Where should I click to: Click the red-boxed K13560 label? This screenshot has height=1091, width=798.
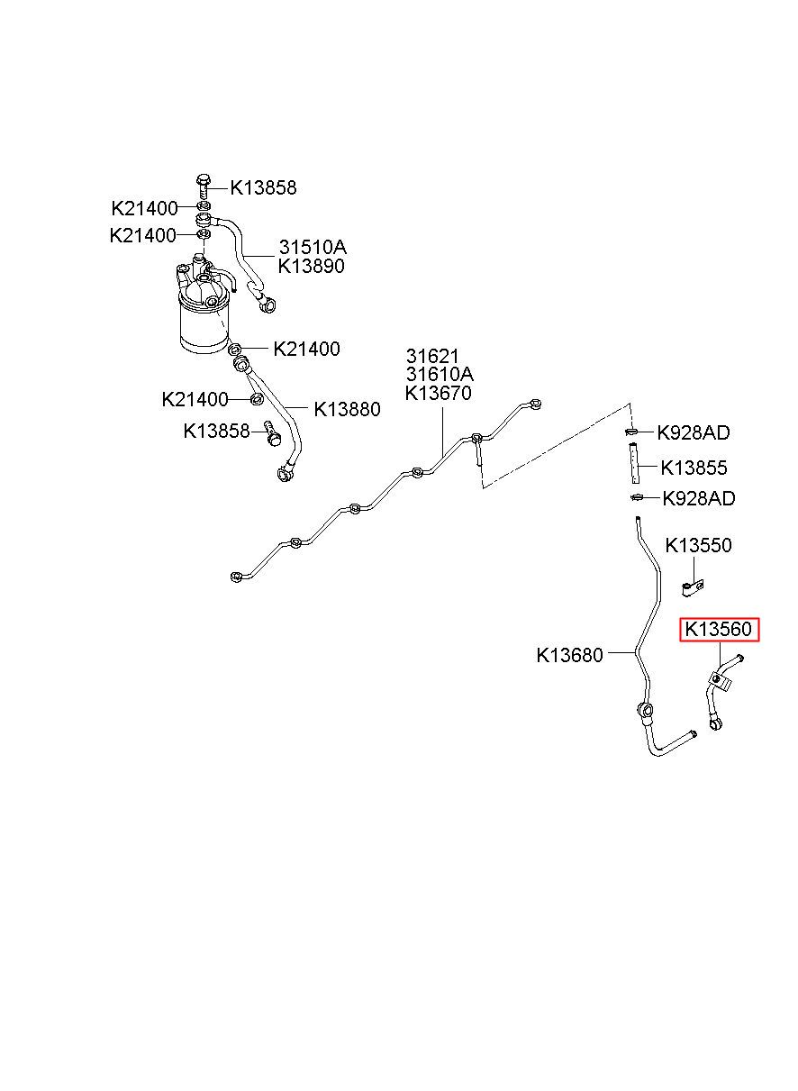pos(719,629)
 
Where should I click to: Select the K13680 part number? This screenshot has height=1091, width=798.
pos(569,655)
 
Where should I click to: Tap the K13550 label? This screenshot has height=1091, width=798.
pos(698,545)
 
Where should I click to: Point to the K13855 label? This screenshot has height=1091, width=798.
pos(694,468)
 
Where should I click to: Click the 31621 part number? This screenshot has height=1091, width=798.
pos(432,357)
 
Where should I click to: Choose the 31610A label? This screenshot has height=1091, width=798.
pos(440,375)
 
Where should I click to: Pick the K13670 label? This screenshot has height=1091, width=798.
pos(439,393)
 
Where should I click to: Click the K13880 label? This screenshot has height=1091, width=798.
pos(347,409)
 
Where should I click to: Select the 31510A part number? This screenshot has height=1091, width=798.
pos(313,248)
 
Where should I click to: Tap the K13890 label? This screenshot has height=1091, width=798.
pos(312,266)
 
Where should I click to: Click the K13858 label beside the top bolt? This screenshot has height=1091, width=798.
pos(263,187)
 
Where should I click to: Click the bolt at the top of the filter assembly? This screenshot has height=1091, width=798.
pos(204,186)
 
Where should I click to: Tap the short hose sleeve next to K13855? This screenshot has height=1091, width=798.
pos(634,462)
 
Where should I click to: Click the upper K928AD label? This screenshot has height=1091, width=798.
pos(694,432)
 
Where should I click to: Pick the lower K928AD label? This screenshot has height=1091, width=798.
pos(699,498)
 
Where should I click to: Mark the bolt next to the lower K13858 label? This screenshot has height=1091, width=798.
pos(272,433)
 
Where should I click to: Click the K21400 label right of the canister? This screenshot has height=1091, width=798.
pos(306,349)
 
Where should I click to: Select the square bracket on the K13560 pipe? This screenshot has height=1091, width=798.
pos(721,680)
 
